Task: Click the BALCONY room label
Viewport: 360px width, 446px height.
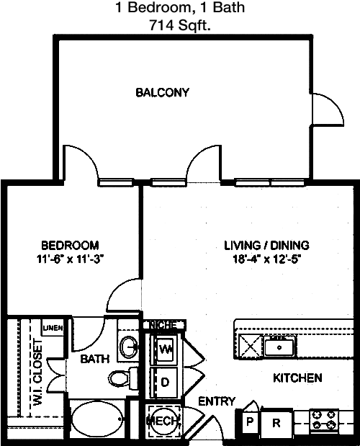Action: point(162,92)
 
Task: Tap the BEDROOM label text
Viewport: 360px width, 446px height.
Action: point(70,245)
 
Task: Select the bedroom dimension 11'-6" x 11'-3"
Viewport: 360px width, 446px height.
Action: point(70,259)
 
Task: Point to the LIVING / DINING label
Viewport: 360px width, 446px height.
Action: point(267,245)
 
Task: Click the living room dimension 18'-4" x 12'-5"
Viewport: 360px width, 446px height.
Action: point(267,259)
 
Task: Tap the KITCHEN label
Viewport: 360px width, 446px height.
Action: point(297,378)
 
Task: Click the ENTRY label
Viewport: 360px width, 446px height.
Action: point(217,401)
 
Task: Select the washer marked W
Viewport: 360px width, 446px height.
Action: point(164,349)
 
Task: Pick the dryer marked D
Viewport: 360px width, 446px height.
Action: point(165,382)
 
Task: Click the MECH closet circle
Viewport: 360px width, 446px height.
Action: point(163,421)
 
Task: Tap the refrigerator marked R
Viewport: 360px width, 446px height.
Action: point(276,423)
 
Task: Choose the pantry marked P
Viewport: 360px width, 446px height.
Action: point(250,422)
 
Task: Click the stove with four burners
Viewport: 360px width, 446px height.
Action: point(324,419)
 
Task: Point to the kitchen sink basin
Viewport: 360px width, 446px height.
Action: point(279,347)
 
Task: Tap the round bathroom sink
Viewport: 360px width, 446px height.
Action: point(129,347)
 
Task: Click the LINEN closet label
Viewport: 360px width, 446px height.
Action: point(53,328)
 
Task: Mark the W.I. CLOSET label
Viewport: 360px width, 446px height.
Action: point(37,373)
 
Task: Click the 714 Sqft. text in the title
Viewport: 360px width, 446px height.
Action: point(180,26)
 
